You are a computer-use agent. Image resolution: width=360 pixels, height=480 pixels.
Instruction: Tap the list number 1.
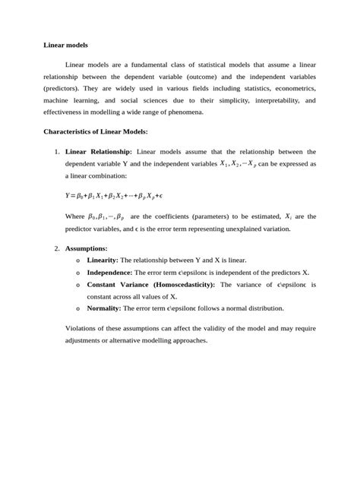click(56, 152)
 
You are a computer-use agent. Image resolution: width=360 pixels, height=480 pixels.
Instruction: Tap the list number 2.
click(56, 248)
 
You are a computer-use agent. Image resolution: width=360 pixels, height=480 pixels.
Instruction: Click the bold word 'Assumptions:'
click(87, 248)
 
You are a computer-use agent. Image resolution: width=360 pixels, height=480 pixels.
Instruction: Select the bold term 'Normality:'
click(105, 308)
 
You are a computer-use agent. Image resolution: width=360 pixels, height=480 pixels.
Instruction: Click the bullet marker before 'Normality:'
click(77, 309)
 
